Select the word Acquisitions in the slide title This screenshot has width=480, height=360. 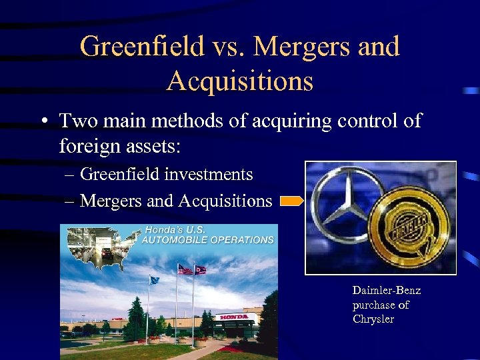(x=240, y=81)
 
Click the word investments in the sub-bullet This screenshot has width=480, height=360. (x=209, y=175)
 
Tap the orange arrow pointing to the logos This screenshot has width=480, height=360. (x=291, y=201)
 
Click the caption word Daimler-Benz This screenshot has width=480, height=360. (x=387, y=291)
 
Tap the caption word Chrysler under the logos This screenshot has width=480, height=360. (x=373, y=319)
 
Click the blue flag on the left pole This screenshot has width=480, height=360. (x=155, y=281)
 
